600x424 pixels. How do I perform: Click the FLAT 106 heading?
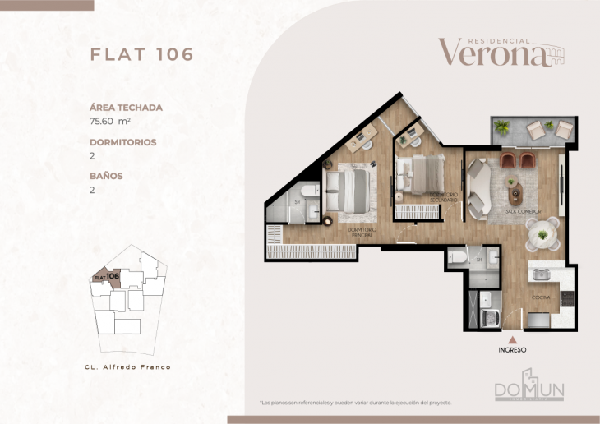click(141, 54)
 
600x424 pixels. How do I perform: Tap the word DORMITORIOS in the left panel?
click(122, 141)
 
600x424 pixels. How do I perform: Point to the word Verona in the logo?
click(492, 53)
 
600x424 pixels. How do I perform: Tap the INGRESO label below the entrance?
click(512, 350)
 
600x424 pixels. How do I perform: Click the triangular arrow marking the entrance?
click(513, 338)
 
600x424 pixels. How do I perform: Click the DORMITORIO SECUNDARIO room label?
click(444, 197)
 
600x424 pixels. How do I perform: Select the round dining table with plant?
click(543, 236)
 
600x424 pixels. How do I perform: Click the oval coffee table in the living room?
click(515, 195)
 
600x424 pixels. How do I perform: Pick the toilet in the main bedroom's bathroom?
click(309, 192)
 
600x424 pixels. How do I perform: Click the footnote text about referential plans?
click(355, 403)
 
